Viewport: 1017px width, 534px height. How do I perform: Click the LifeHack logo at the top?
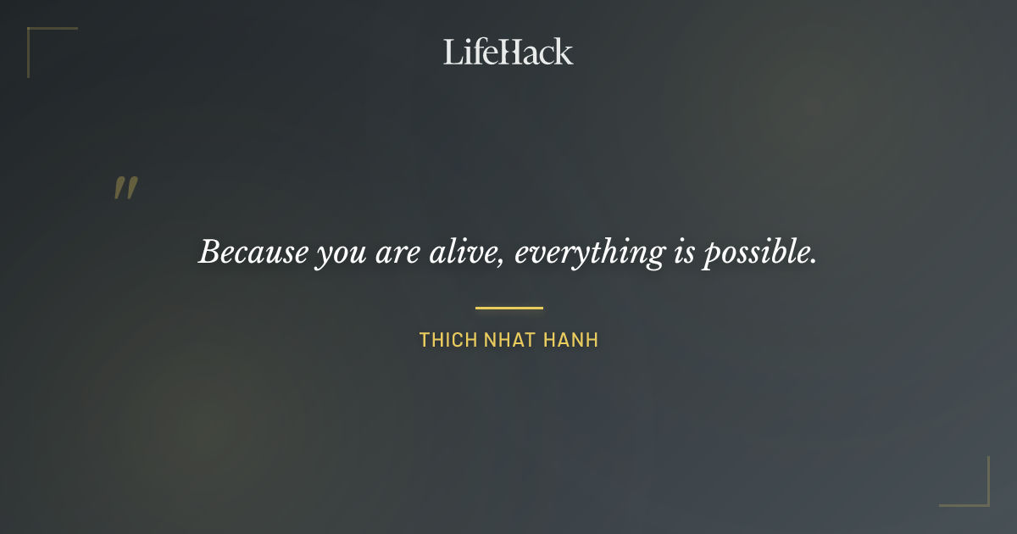pos(508,52)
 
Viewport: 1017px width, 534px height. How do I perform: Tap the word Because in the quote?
pos(253,252)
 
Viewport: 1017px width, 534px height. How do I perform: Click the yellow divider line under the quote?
pos(508,308)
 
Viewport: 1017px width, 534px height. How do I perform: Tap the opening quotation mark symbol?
pos(125,188)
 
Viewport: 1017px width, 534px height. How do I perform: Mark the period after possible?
pos(814,260)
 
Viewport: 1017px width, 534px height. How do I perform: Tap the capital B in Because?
pos(209,252)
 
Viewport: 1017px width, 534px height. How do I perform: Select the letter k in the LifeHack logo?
pos(564,52)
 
